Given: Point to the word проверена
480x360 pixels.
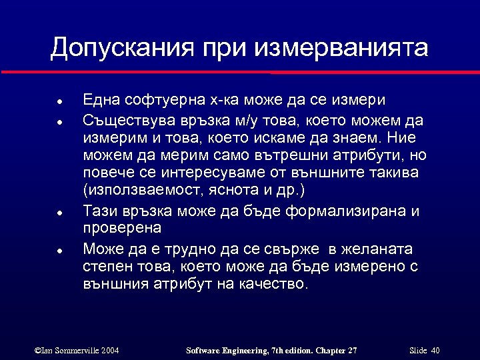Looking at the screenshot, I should pos(122,229).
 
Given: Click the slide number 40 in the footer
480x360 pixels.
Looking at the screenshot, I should pos(435,351).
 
